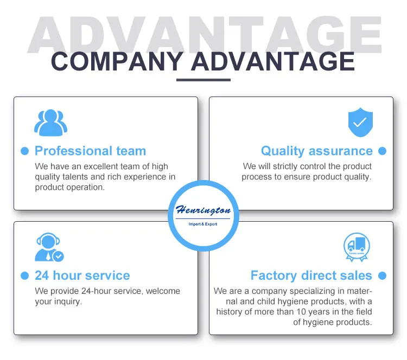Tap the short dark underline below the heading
pos(203,80)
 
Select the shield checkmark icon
pos(360,123)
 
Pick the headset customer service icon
pos(48,248)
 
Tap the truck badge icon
pos(357,247)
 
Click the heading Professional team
pos(90,151)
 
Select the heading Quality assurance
pos(316,151)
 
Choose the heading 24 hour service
pos(82,275)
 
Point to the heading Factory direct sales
pos(311,275)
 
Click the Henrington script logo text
pos(203,210)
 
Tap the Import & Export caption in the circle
pos(203,224)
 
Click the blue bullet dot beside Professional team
pos(24,151)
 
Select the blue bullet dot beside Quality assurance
pos(382,151)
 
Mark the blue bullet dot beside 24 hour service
pos(24,275)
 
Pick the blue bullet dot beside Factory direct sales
pos(382,275)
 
